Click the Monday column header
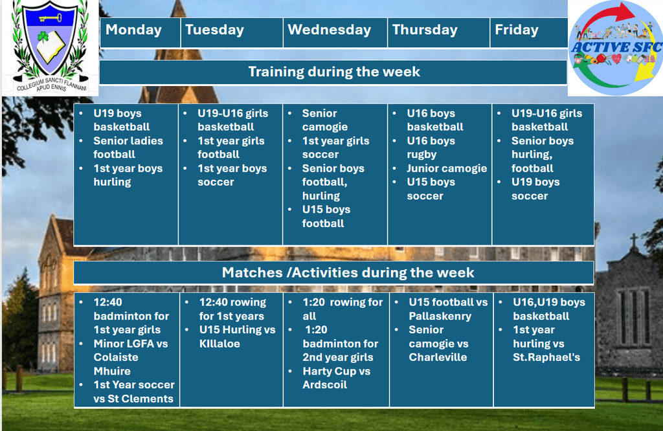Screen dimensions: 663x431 [133, 30]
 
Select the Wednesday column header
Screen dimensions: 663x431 [330, 30]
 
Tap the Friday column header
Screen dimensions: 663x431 [517, 30]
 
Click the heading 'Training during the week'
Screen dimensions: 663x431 [334, 71]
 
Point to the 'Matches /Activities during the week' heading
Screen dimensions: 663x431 [348, 272]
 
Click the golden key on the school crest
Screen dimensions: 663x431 [51, 17]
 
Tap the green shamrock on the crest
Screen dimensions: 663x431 [43, 37]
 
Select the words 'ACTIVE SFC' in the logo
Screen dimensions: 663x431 [616, 47]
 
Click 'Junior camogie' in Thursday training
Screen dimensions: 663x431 [447, 168]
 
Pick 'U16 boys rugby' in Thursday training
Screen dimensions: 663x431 [431, 148]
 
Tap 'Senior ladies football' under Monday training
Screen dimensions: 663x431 [128, 148]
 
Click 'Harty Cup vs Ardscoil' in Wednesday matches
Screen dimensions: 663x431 [337, 378]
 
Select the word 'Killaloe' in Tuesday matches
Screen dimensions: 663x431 [219, 344]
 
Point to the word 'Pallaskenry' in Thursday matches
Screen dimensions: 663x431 [440, 316]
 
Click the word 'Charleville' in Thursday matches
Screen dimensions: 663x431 [438, 357]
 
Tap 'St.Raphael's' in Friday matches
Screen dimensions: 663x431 [546, 357]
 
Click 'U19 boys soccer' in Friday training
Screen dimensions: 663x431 [535, 189]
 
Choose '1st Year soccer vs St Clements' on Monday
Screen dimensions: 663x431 [133, 392]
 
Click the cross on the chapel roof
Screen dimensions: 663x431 [634, 241]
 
